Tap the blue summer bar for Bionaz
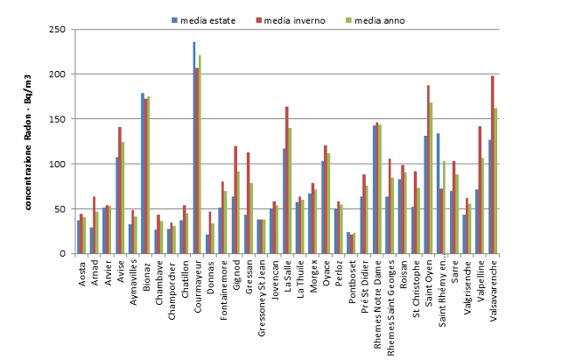(x=142, y=173)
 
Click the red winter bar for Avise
(x=120, y=190)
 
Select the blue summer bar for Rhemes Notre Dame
(x=374, y=189)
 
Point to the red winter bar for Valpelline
(x=480, y=190)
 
